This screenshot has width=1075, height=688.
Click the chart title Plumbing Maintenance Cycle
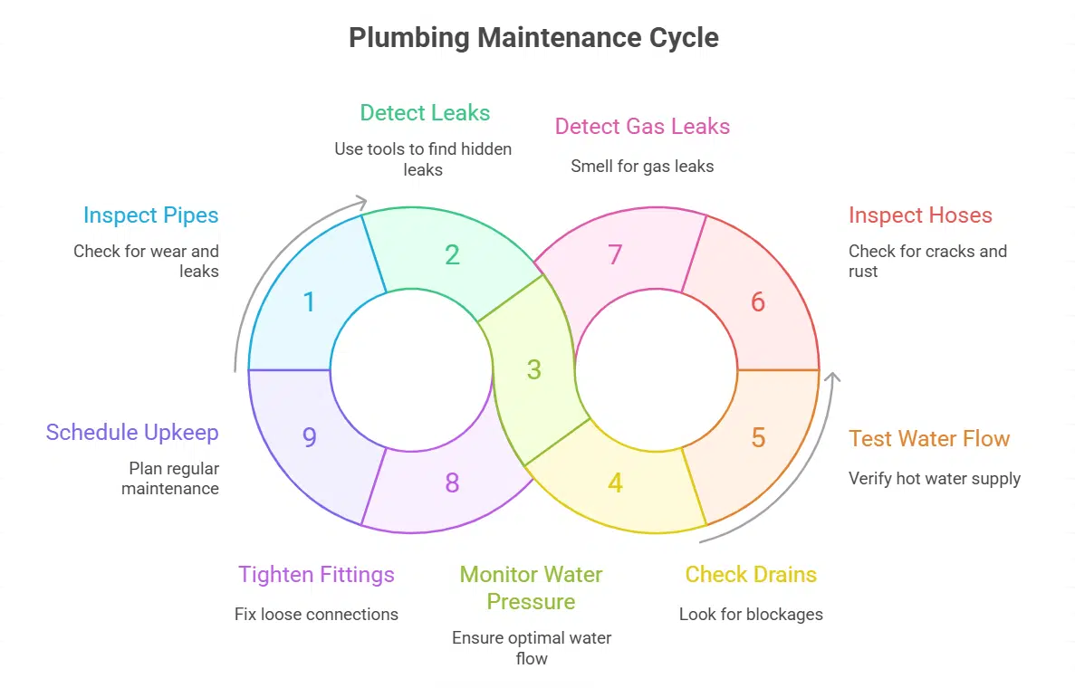point(533,38)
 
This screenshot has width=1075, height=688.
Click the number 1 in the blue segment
point(309,301)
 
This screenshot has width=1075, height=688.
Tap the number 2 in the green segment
point(452,255)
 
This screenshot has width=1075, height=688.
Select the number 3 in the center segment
point(534,369)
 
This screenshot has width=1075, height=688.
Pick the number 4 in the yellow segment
point(615,483)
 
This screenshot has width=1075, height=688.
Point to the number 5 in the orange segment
point(758,438)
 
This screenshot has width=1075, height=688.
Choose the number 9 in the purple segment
point(309,438)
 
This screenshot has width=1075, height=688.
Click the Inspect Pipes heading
point(150,215)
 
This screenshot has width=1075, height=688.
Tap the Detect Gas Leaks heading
point(642,126)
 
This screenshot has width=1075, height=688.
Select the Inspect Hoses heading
point(920,215)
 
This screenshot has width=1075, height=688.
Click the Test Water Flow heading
point(928,439)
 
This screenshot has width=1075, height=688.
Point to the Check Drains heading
point(751,575)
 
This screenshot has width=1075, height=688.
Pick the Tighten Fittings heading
point(316,575)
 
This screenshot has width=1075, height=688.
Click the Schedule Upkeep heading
point(132,433)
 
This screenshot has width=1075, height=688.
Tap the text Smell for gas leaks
point(642,166)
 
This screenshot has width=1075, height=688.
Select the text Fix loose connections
point(316,614)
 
